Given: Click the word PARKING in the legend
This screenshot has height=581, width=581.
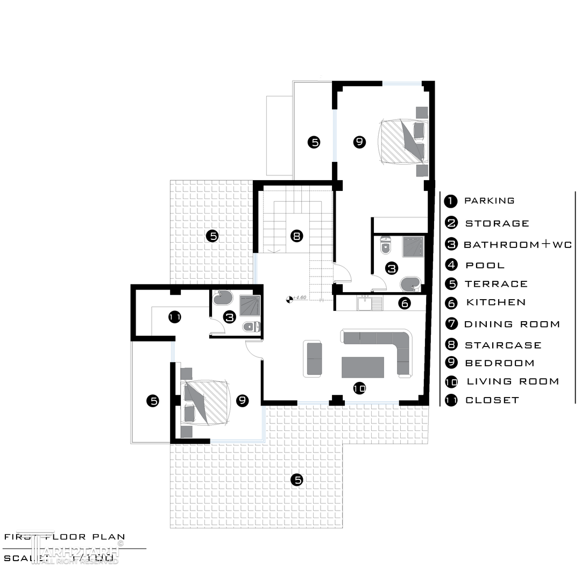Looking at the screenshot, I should (x=489, y=201).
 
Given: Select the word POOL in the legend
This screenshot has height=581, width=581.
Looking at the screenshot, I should (x=485, y=265).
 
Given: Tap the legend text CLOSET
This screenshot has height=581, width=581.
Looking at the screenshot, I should (x=492, y=400).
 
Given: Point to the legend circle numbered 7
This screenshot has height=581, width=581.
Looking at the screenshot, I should (x=451, y=324).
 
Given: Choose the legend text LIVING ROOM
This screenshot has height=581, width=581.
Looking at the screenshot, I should (x=513, y=381).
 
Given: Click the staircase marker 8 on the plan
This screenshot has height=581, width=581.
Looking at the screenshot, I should (x=296, y=236).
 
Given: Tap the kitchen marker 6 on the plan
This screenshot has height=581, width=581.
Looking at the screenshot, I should (x=405, y=303).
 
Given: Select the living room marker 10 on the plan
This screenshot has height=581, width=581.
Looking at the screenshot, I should (x=359, y=387).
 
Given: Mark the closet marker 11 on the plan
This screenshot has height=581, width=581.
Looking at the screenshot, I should (x=174, y=317).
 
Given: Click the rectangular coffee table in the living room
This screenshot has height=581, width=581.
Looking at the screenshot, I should (x=363, y=367).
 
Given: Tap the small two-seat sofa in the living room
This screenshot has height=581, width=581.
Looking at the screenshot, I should (x=313, y=358).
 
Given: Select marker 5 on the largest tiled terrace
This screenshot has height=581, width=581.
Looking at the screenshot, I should (x=296, y=480).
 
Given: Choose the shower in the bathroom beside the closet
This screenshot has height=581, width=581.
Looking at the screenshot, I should (x=249, y=305).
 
